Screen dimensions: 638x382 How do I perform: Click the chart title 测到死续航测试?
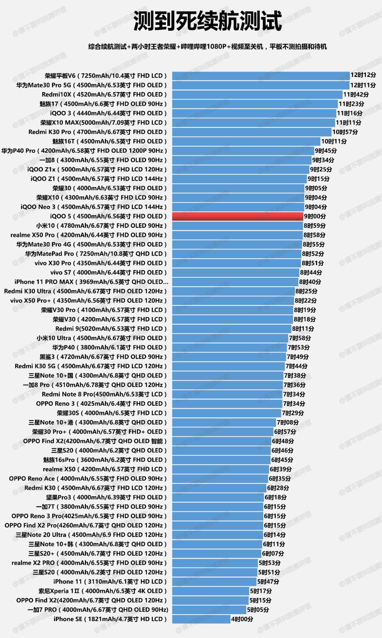click(208, 21)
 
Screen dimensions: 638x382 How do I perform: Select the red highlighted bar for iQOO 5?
click(238, 216)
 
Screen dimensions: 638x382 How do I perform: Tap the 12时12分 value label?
click(363, 75)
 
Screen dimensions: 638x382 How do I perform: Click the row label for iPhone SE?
click(110, 619)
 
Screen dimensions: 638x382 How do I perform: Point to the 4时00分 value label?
click(242, 619)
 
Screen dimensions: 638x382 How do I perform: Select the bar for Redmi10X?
click(257, 94)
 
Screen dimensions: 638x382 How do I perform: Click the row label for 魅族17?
click(103, 104)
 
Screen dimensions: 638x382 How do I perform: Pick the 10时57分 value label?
click(345, 132)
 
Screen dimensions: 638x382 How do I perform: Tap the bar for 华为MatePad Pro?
click(237, 254)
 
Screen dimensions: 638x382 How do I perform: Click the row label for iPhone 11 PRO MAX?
click(91, 282)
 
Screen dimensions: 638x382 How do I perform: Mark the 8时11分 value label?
click(303, 329)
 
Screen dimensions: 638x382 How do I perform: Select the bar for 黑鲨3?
click(229, 357)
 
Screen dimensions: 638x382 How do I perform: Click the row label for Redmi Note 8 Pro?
click(104, 394)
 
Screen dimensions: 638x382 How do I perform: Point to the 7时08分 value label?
click(288, 422)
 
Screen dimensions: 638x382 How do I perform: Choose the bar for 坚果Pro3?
click(218, 497)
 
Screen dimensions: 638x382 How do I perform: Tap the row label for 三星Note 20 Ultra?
click(91, 535)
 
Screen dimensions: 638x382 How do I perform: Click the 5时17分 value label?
click(261, 591)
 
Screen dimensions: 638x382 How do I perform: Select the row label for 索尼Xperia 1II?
click(103, 591)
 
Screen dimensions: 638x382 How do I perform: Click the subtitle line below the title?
click(208, 47)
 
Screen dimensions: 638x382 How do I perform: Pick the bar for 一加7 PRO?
click(209, 610)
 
